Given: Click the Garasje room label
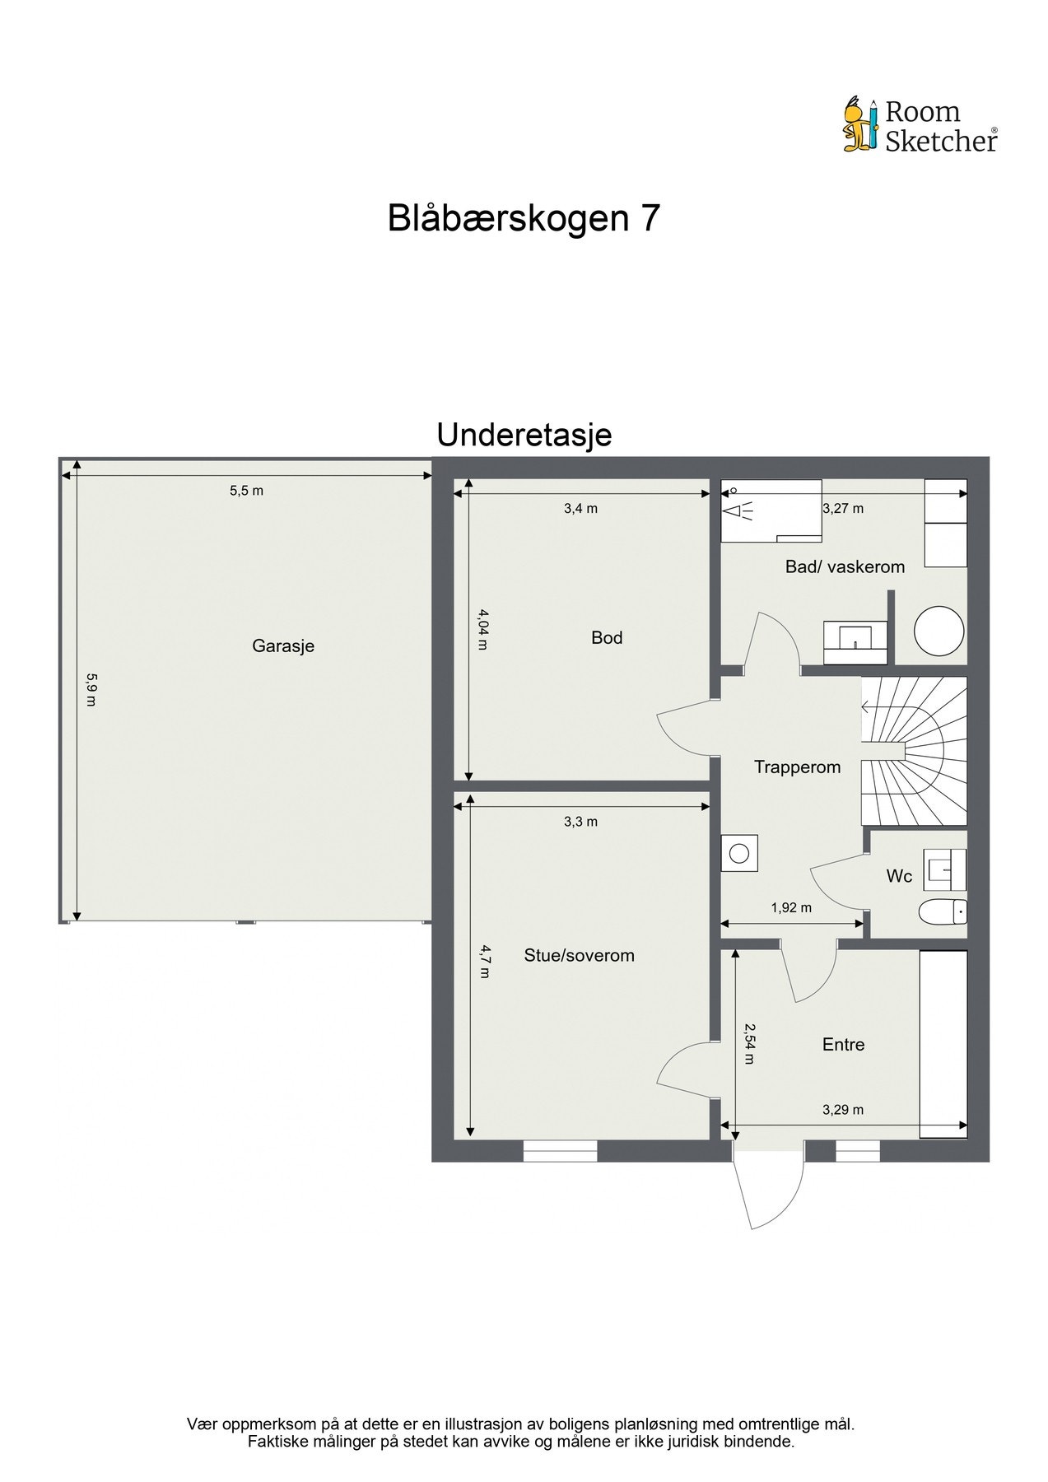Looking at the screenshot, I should (283, 646).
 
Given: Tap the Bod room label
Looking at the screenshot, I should (607, 638).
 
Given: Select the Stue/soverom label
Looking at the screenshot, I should (579, 956).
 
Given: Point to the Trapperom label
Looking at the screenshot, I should (797, 767).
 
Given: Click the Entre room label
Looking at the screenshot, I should (843, 1045).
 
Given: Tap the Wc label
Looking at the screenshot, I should (899, 877).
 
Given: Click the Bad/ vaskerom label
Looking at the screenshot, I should (845, 567).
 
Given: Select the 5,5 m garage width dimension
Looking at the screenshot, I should (246, 491).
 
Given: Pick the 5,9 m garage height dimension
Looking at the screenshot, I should (91, 690).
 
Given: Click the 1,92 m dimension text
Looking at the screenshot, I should (791, 908).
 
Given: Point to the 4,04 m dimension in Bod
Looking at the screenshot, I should (483, 629).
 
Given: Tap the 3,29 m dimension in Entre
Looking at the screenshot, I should (843, 1110).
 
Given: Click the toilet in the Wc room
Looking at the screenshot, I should (942, 912).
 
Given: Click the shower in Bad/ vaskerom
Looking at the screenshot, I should (771, 511).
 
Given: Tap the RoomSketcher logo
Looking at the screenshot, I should (920, 125).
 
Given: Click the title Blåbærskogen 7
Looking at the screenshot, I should (524, 218).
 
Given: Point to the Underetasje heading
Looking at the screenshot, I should (524, 435).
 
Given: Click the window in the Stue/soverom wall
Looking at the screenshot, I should (560, 1150).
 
